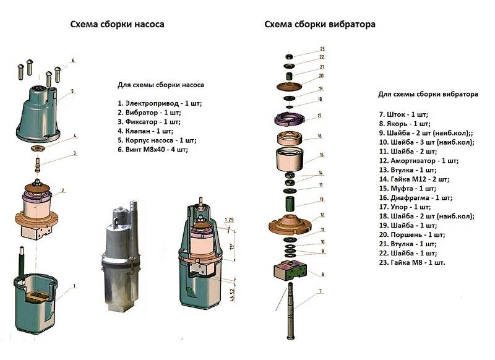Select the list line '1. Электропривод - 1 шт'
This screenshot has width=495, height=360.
[160, 101]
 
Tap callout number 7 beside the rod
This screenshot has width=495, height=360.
[321, 290]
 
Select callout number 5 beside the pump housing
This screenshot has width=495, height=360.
[72, 91]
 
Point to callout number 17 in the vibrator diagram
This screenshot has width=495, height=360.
[320, 116]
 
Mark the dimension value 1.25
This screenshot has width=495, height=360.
[230, 220]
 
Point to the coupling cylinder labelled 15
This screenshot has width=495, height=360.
[288, 158]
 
